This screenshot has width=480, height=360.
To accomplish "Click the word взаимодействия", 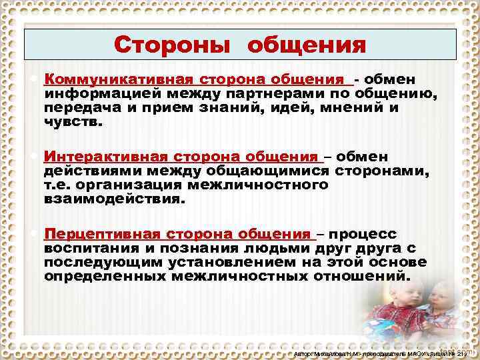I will pos(113,199).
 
